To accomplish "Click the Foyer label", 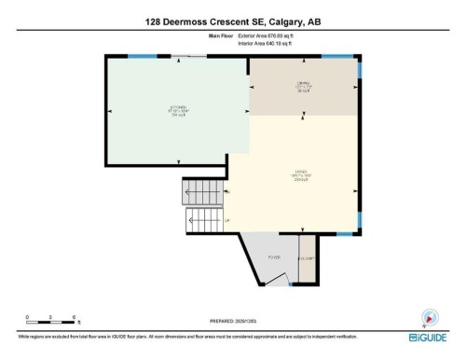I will click(x=273, y=255).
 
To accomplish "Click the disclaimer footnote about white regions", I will click(x=186, y=336).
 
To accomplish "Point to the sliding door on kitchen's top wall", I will click(x=191, y=56).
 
